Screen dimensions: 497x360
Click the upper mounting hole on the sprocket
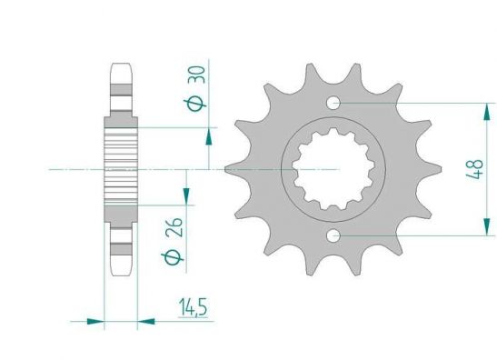click(x=333, y=103)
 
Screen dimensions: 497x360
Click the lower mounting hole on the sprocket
click(x=333, y=236)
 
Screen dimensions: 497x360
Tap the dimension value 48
click(x=475, y=169)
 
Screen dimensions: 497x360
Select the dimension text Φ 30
click(x=196, y=88)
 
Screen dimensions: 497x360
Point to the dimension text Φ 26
click(x=174, y=241)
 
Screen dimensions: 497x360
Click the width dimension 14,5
click(x=193, y=307)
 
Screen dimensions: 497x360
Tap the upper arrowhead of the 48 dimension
click(x=486, y=112)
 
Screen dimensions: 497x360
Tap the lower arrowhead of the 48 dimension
click(x=486, y=226)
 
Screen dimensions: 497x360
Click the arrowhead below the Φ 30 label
click(x=209, y=136)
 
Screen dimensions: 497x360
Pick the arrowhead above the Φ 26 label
click(x=186, y=196)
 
